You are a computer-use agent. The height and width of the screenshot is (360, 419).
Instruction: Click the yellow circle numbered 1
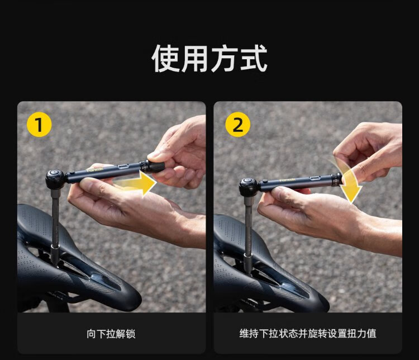tap(39, 125)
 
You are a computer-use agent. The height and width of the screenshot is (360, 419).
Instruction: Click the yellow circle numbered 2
tap(237, 125)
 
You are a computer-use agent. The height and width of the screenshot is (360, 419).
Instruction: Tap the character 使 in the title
tap(166, 59)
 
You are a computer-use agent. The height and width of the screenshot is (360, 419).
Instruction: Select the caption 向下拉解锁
tap(111, 334)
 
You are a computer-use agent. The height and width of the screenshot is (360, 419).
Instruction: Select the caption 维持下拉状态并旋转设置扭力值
tap(308, 334)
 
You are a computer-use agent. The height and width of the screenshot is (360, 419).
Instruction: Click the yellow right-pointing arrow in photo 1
tap(135, 183)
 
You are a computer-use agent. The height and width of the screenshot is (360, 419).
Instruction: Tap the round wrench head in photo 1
tap(55, 178)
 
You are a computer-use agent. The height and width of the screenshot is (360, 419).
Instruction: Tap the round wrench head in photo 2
tap(248, 186)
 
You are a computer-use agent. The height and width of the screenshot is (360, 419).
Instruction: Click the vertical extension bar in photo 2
tap(248, 235)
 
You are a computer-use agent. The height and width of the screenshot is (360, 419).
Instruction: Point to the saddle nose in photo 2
tap(315, 300)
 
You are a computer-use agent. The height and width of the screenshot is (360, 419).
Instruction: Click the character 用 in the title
tap(195, 59)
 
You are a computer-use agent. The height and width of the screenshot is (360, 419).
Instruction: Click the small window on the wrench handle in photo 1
tap(123, 167)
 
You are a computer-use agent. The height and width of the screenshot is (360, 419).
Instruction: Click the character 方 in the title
tap(224, 59)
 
